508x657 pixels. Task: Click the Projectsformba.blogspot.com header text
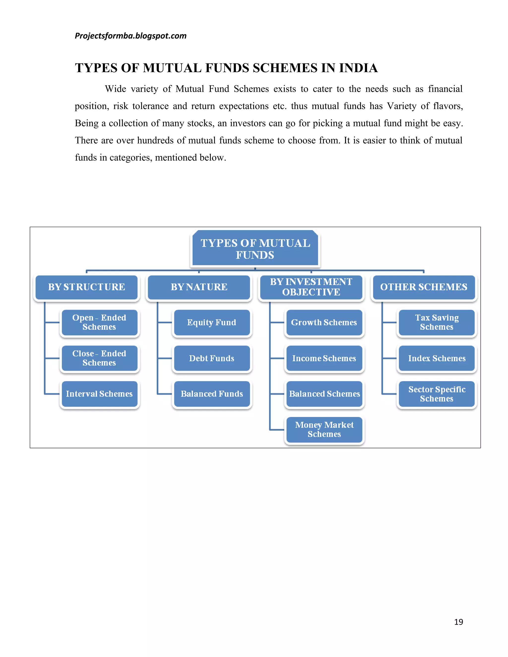131,36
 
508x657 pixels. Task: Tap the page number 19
458,622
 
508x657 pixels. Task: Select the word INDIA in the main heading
358,68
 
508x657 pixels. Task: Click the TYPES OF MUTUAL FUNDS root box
255,249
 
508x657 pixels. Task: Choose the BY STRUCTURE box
87,287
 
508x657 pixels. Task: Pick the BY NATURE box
199,287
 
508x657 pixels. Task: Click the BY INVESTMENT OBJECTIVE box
311,287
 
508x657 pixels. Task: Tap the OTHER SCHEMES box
424,287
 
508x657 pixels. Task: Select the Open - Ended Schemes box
99,322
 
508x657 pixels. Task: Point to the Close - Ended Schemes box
99,358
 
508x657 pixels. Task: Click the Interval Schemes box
99,394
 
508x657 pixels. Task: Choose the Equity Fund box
212,322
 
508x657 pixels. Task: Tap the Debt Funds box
212,358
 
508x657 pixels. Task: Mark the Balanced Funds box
212,394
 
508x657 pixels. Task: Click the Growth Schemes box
324,322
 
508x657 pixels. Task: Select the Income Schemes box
324,358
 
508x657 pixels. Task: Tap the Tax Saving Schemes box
437,322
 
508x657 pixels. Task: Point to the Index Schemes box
437,358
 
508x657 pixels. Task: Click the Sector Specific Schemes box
437,394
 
